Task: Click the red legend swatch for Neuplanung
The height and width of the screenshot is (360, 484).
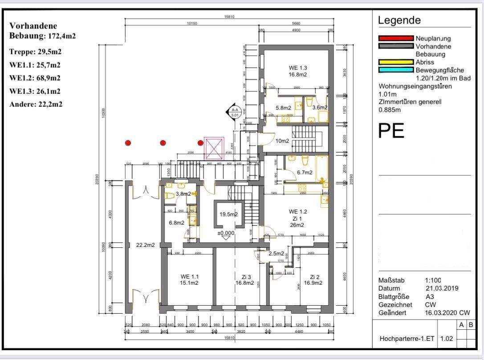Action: [x=395, y=38]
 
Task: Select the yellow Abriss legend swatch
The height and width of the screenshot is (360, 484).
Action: [x=395, y=62]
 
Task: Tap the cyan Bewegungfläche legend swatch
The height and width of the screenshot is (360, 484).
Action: [x=395, y=70]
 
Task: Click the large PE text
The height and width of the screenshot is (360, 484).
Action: [x=391, y=131]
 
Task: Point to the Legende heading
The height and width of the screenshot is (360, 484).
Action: [x=399, y=20]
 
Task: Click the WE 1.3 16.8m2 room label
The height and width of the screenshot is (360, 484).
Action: [x=297, y=71]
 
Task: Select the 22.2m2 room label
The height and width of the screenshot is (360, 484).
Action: [x=146, y=245]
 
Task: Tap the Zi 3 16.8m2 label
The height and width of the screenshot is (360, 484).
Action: [x=244, y=279]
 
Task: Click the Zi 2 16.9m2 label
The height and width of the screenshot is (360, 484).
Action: [x=313, y=279]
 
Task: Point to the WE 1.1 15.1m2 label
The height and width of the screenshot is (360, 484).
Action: [x=189, y=279]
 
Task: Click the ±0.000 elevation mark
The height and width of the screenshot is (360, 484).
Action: [x=226, y=233]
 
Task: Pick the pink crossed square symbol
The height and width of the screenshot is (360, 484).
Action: [x=213, y=148]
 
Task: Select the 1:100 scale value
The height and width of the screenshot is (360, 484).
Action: [x=433, y=280]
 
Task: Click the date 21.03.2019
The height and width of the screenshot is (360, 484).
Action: [x=442, y=288]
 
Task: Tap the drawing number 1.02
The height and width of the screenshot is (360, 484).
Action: [x=446, y=339]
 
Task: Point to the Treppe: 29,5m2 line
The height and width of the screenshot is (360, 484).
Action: [x=35, y=52]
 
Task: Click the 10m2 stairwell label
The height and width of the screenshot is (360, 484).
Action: [x=282, y=141]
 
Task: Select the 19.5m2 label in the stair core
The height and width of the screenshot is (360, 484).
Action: [x=228, y=214]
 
